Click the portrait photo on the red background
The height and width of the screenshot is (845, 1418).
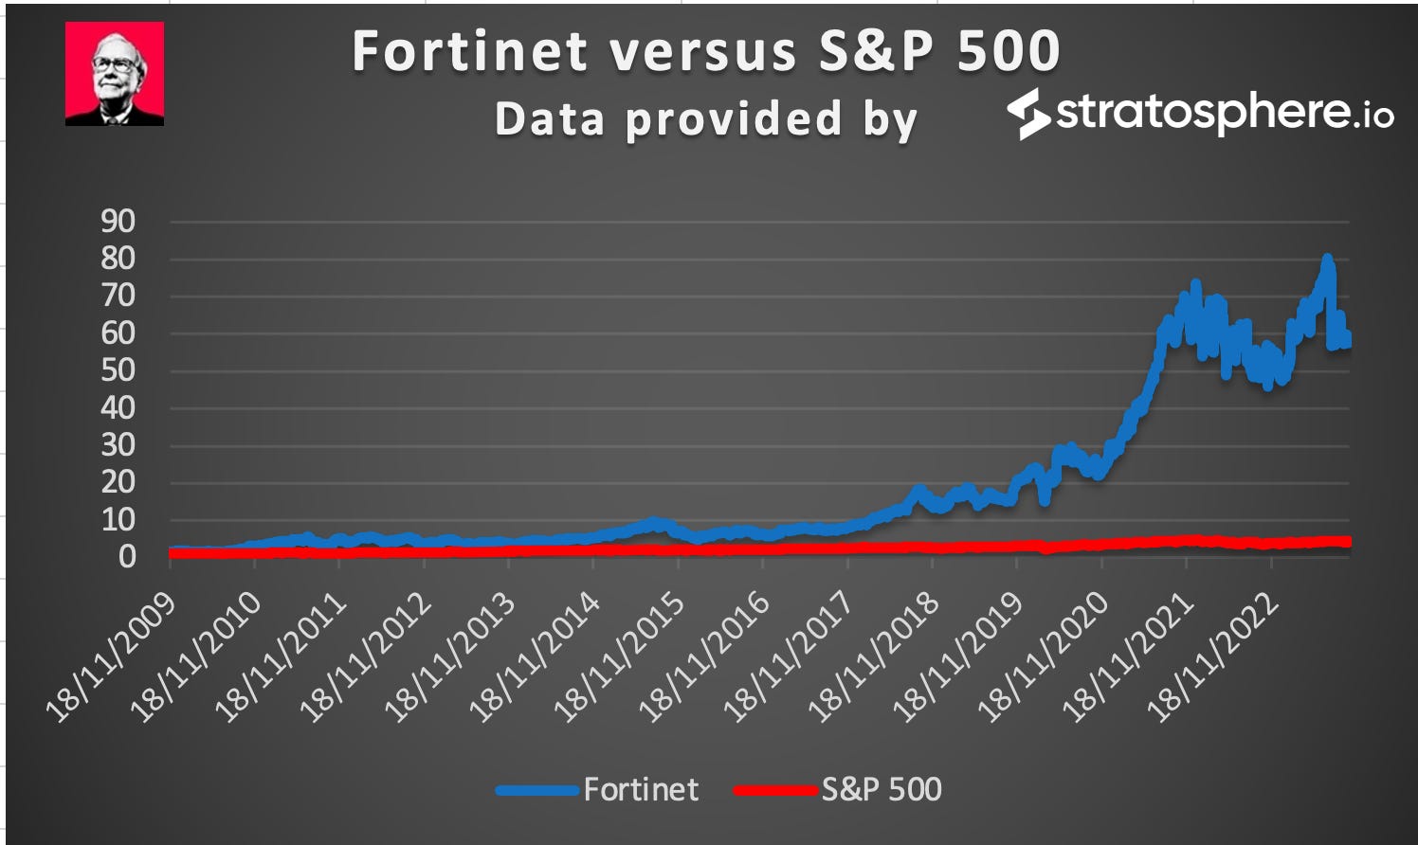tap(115, 74)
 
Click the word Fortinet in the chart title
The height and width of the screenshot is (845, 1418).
tap(470, 51)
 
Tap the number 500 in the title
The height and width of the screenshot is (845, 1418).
tap(1008, 51)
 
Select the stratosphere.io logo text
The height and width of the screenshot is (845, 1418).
tap(1223, 113)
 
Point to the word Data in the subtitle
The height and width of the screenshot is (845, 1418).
tap(550, 120)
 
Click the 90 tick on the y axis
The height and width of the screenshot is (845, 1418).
tap(118, 222)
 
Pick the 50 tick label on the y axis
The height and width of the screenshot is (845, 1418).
tap(118, 370)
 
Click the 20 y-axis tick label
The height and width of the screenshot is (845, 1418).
tap(118, 482)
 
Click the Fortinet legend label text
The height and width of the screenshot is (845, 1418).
tap(641, 789)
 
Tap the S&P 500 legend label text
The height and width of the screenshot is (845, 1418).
tap(882, 789)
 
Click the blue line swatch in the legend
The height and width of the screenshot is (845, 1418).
tap(536, 789)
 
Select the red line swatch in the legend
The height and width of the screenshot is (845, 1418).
tap(774, 789)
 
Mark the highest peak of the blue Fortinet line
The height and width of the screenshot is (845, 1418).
tap(1327, 259)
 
